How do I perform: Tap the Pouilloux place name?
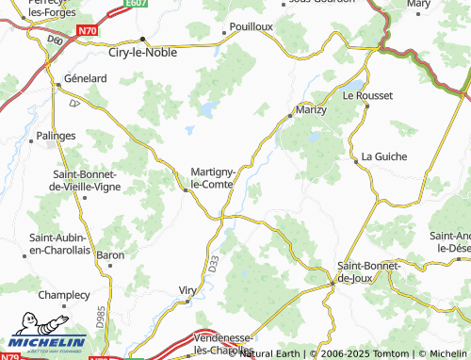(251, 26)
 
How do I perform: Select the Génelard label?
(85, 80)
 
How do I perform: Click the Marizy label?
(311, 110)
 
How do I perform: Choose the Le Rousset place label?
(365, 95)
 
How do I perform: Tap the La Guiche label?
(382, 155)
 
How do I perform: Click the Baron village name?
(110, 255)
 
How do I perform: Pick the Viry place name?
(188, 289)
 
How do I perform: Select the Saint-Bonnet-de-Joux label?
(369, 272)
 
